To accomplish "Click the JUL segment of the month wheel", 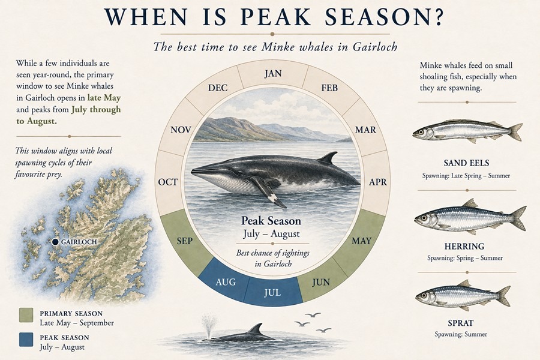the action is (273, 292).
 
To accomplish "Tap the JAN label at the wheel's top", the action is (273, 73).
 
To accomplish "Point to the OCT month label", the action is (168, 182).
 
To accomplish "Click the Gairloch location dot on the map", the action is (55, 242).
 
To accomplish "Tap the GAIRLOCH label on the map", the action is (79, 242).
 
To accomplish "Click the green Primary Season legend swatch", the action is (26, 315).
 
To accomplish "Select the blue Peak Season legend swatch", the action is (26, 340).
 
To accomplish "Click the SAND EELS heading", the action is (466, 163).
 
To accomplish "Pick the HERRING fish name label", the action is (464, 247).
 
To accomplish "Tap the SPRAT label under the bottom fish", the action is (460, 323).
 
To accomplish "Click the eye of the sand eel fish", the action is (420, 132).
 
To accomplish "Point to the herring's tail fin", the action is (518, 218).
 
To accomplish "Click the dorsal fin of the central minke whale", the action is (329, 158).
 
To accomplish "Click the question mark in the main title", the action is (437, 17).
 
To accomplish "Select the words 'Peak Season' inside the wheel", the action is (271, 220).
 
